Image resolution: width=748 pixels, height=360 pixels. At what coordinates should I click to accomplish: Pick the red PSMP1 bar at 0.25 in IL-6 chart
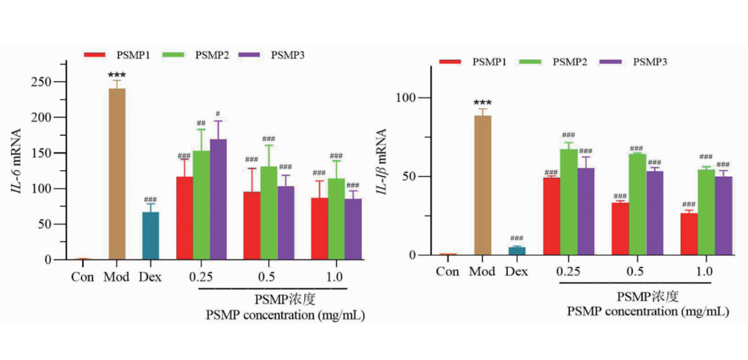pyautogui.click(x=185, y=218)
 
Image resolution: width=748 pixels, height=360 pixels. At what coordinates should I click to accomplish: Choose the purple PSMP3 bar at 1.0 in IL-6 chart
pyautogui.click(x=353, y=229)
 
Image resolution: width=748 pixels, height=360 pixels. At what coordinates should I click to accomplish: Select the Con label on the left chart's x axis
pyautogui.click(x=83, y=278)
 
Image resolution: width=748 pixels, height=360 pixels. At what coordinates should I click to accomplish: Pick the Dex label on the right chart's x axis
pyautogui.click(x=516, y=272)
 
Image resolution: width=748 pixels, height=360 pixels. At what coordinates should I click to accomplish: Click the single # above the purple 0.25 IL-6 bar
pyautogui.click(x=217, y=113)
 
